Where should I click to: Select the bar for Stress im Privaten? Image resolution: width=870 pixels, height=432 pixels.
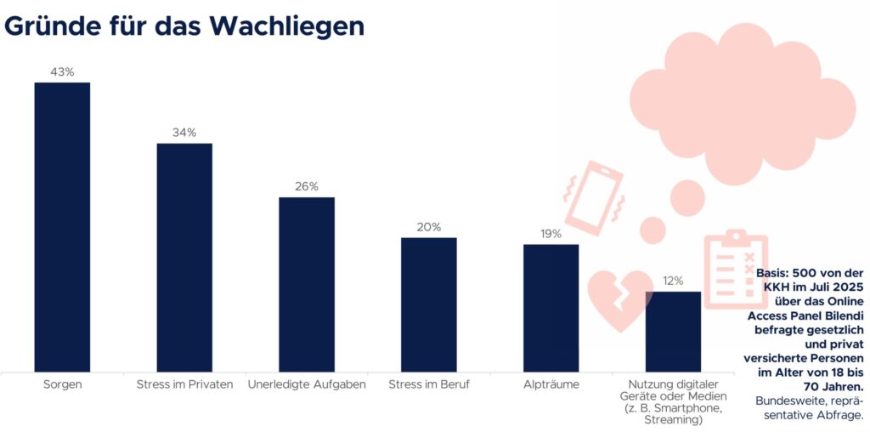pyautogui.click(x=184, y=257)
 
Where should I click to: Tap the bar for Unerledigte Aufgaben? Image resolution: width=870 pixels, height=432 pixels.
pyautogui.click(x=307, y=284)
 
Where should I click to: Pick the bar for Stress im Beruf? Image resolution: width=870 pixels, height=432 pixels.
pyautogui.click(x=429, y=304)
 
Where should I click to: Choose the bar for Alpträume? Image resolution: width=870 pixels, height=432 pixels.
pyautogui.click(x=551, y=307)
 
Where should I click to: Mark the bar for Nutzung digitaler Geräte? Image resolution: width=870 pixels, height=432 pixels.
pyautogui.click(x=674, y=332)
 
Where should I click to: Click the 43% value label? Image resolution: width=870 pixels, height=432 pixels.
pyautogui.click(x=63, y=72)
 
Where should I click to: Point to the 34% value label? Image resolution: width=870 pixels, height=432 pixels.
pyautogui.click(x=184, y=133)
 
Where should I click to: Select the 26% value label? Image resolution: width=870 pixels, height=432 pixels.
pyautogui.click(x=307, y=186)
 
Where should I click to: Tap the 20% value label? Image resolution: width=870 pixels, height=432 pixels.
pyautogui.click(x=429, y=227)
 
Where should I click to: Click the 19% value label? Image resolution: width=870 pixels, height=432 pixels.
pyautogui.click(x=551, y=234)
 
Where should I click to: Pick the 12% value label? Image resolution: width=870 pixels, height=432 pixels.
pyautogui.click(x=673, y=281)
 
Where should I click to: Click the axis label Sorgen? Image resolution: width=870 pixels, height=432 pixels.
pyautogui.click(x=62, y=384)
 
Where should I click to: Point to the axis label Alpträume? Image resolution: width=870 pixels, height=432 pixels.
pyautogui.click(x=551, y=384)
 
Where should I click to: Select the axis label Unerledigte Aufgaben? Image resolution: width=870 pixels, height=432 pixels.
pyautogui.click(x=307, y=384)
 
